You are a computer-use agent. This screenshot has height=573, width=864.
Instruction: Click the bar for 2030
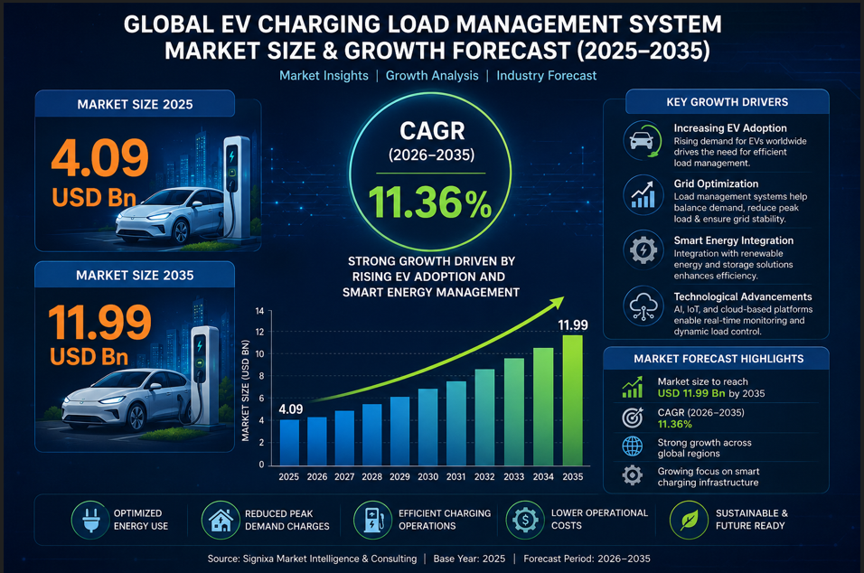pyautogui.click(x=428, y=427)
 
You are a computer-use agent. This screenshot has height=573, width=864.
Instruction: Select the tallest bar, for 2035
pyautogui.click(x=572, y=400)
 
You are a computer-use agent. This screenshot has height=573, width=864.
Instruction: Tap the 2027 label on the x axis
pyautogui.click(x=344, y=476)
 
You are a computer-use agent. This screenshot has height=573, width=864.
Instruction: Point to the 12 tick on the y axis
pyautogui.click(x=259, y=333)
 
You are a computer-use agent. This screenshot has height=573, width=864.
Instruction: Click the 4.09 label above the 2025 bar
pyautogui.click(x=290, y=409)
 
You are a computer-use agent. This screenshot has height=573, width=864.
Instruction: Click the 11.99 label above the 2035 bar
pyautogui.click(x=572, y=325)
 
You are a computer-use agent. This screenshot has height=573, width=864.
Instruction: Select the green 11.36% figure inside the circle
pyautogui.click(x=430, y=202)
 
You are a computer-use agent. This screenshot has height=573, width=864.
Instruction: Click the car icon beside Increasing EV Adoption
pyautogui.click(x=643, y=140)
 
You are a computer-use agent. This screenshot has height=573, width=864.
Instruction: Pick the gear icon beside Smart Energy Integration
pyautogui.click(x=643, y=250)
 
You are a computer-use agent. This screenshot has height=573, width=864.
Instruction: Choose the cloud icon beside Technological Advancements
pyautogui.click(x=643, y=305)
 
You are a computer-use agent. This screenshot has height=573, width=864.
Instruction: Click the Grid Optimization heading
pyautogui.click(x=716, y=184)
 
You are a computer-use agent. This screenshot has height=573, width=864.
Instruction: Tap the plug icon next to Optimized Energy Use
pyautogui.click(x=90, y=520)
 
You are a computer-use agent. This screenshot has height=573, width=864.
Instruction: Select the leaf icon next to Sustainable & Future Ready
pyautogui.click(x=689, y=520)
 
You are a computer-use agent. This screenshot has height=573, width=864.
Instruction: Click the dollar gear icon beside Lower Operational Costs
pyautogui.click(x=525, y=520)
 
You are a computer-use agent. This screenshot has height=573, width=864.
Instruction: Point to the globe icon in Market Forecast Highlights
pyautogui.click(x=632, y=446)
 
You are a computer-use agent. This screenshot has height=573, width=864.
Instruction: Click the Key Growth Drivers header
pyautogui.click(x=728, y=102)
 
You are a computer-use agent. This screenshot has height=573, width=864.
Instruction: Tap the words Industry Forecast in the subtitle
pyautogui.click(x=546, y=76)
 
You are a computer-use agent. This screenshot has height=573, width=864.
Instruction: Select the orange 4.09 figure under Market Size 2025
pyautogui.click(x=99, y=158)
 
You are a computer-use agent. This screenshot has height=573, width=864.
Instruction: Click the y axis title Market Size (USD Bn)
pyautogui.click(x=246, y=390)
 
